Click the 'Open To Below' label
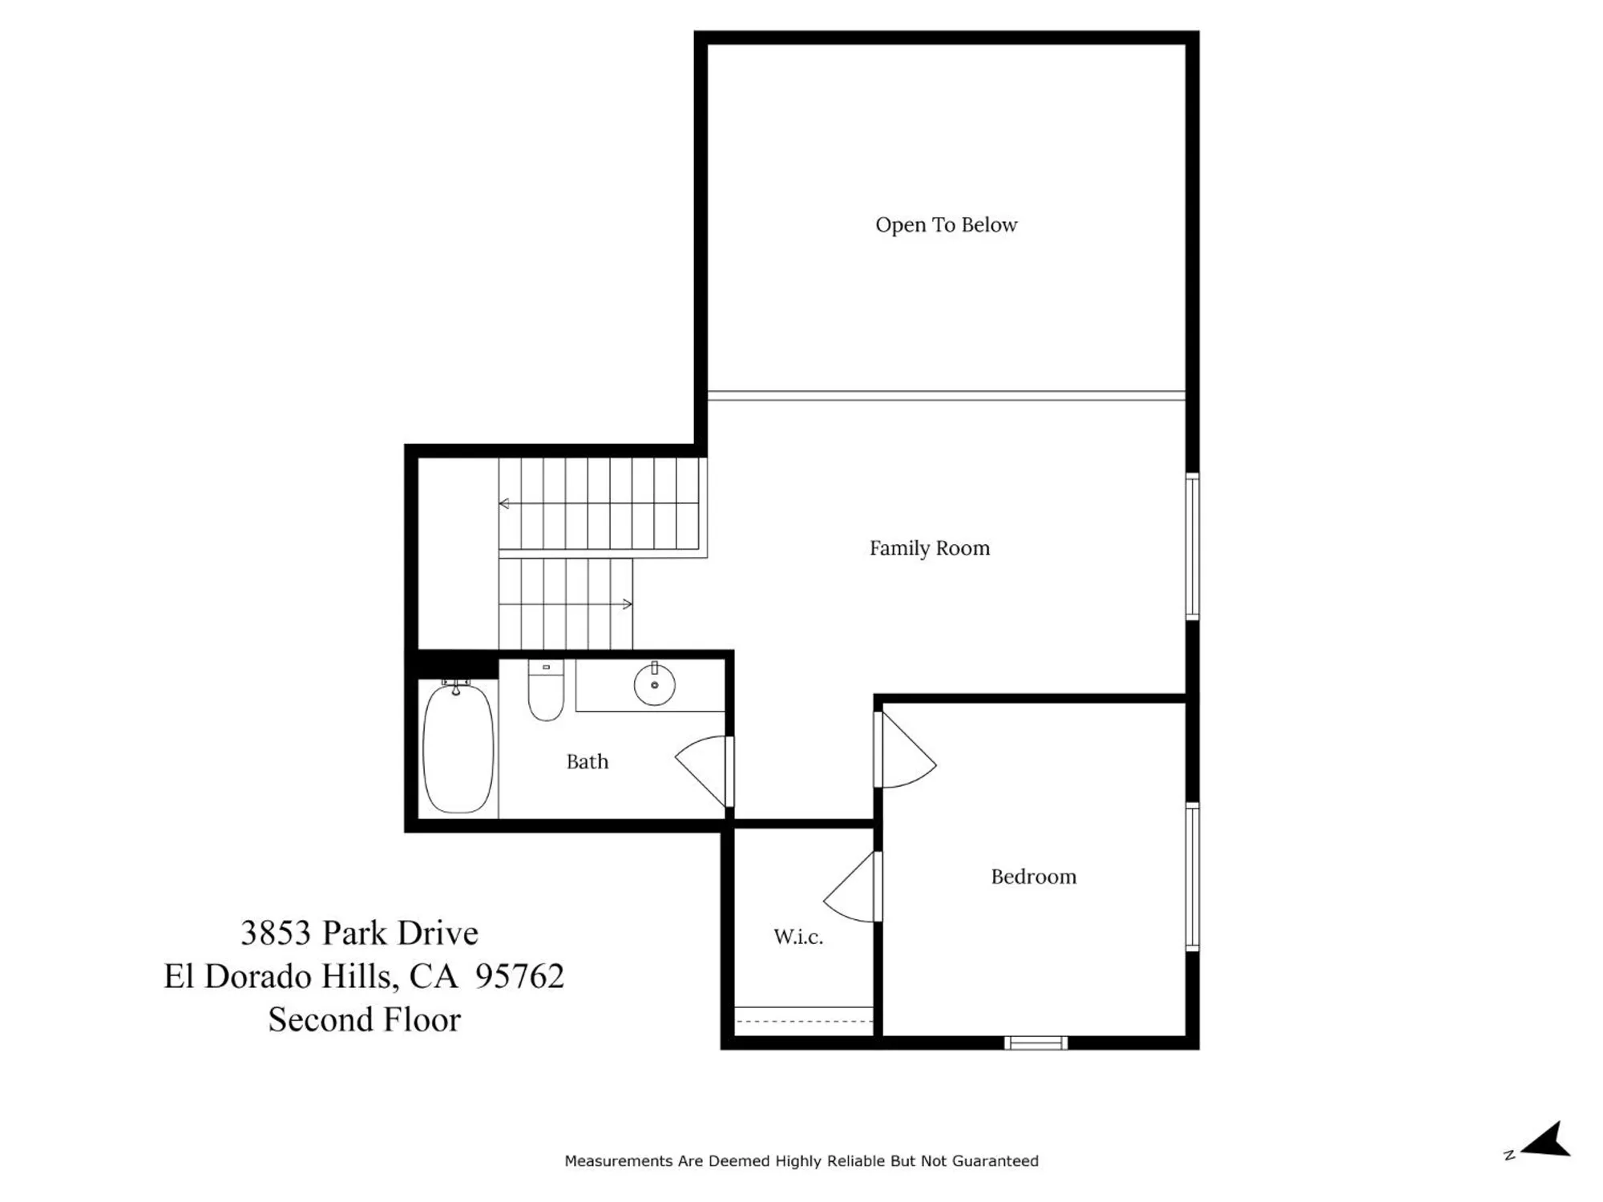click(x=946, y=225)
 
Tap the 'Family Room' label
click(x=930, y=548)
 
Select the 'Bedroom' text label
click(x=1033, y=877)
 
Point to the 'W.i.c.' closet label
click(x=797, y=936)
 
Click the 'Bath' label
click(x=587, y=761)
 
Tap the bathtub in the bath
click(x=458, y=747)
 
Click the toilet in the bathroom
click(x=546, y=692)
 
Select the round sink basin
click(x=654, y=686)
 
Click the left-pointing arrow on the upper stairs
click(x=504, y=503)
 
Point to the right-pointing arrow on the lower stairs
click(x=628, y=603)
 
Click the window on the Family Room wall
click(x=1192, y=547)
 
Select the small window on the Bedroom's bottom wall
click(x=1036, y=1043)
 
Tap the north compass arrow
click(x=1547, y=1140)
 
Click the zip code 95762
click(x=519, y=976)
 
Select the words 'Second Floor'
click(x=364, y=1019)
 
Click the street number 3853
click(x=275, y=933)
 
